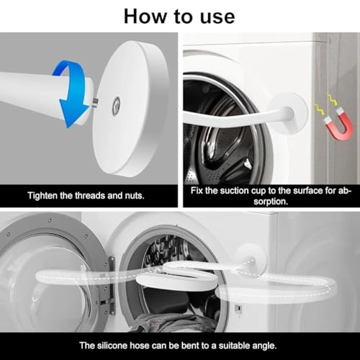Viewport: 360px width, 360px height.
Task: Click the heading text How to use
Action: click(x=179, y=16)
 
